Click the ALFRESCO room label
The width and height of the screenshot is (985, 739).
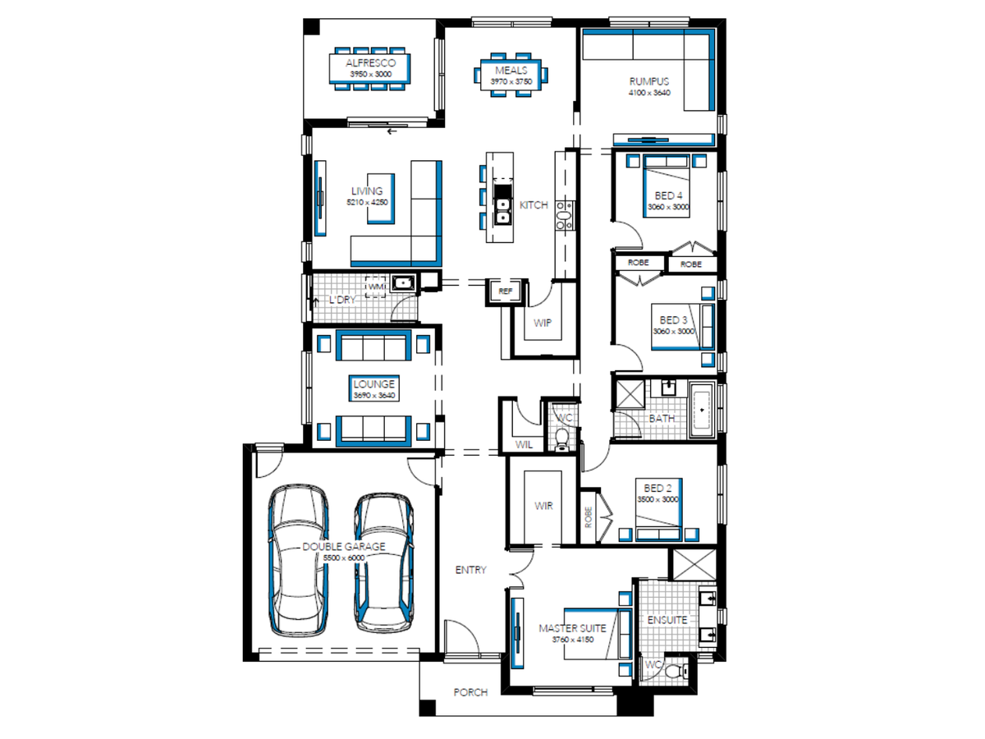pyautogui.click(x=370, y=63)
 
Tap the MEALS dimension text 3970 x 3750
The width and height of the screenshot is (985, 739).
pyautogui.click(x=511, y=81)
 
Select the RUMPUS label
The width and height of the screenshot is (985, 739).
pyautogui.click(x=649, y=81)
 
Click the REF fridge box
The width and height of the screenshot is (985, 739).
pyautogui.click(x=506, y=291)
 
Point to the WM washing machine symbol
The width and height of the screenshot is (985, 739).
pyautogui.click(x=376, y=287)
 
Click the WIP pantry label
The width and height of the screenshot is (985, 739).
pyautogui.click(x=542, y=323)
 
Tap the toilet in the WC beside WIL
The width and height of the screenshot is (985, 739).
pyautogui.click(x=561, y=438)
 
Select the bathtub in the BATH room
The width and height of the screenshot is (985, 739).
pyautogui.click(x=701, y=409)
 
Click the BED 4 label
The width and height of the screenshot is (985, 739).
pyautogui.click(x=668, y=195)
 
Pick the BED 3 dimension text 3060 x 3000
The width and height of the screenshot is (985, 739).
pyautogui.click(x=673, y=331)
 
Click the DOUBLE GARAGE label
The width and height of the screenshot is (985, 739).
pyautogui.click(x=344, y=546)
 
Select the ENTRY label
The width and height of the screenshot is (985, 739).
pyautogui.click(x=470, y=569)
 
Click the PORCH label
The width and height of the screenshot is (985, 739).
pyautogui.click(x=470, y=692)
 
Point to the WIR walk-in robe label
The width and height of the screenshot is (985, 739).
pyautogui.click(x=543, y=506)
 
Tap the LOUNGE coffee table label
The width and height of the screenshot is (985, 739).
pyautogui.click(x=373, y=384)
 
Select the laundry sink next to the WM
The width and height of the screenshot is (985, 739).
pyautogui.click(x=403, y=282)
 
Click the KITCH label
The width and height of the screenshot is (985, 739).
pyautogui.click(x=534, y=205)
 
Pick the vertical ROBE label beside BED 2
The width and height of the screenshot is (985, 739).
pyautogui.click(x=588, y=517)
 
